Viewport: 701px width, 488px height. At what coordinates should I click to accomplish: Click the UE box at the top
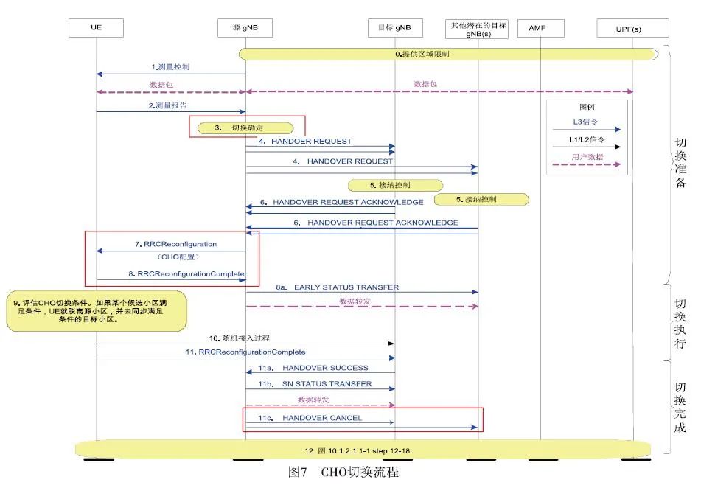[96, 28]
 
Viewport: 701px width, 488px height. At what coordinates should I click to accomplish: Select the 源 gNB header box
[245, 28]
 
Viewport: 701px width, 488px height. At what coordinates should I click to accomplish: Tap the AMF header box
[541, 28]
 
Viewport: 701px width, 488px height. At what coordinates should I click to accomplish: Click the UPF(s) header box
[632, 28]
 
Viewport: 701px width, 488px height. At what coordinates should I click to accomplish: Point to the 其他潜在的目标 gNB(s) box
[478, 29]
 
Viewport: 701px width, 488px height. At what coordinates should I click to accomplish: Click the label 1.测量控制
[170, 67]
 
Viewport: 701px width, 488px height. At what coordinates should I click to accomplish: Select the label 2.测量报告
[170, 106]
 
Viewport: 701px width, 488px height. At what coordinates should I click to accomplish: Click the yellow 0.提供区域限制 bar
[447, 54]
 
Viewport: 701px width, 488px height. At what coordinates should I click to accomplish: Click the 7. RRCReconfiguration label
[175, 243]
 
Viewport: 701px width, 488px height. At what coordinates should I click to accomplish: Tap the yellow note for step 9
[97, 312]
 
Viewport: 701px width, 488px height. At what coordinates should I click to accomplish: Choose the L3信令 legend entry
[586, 121]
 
